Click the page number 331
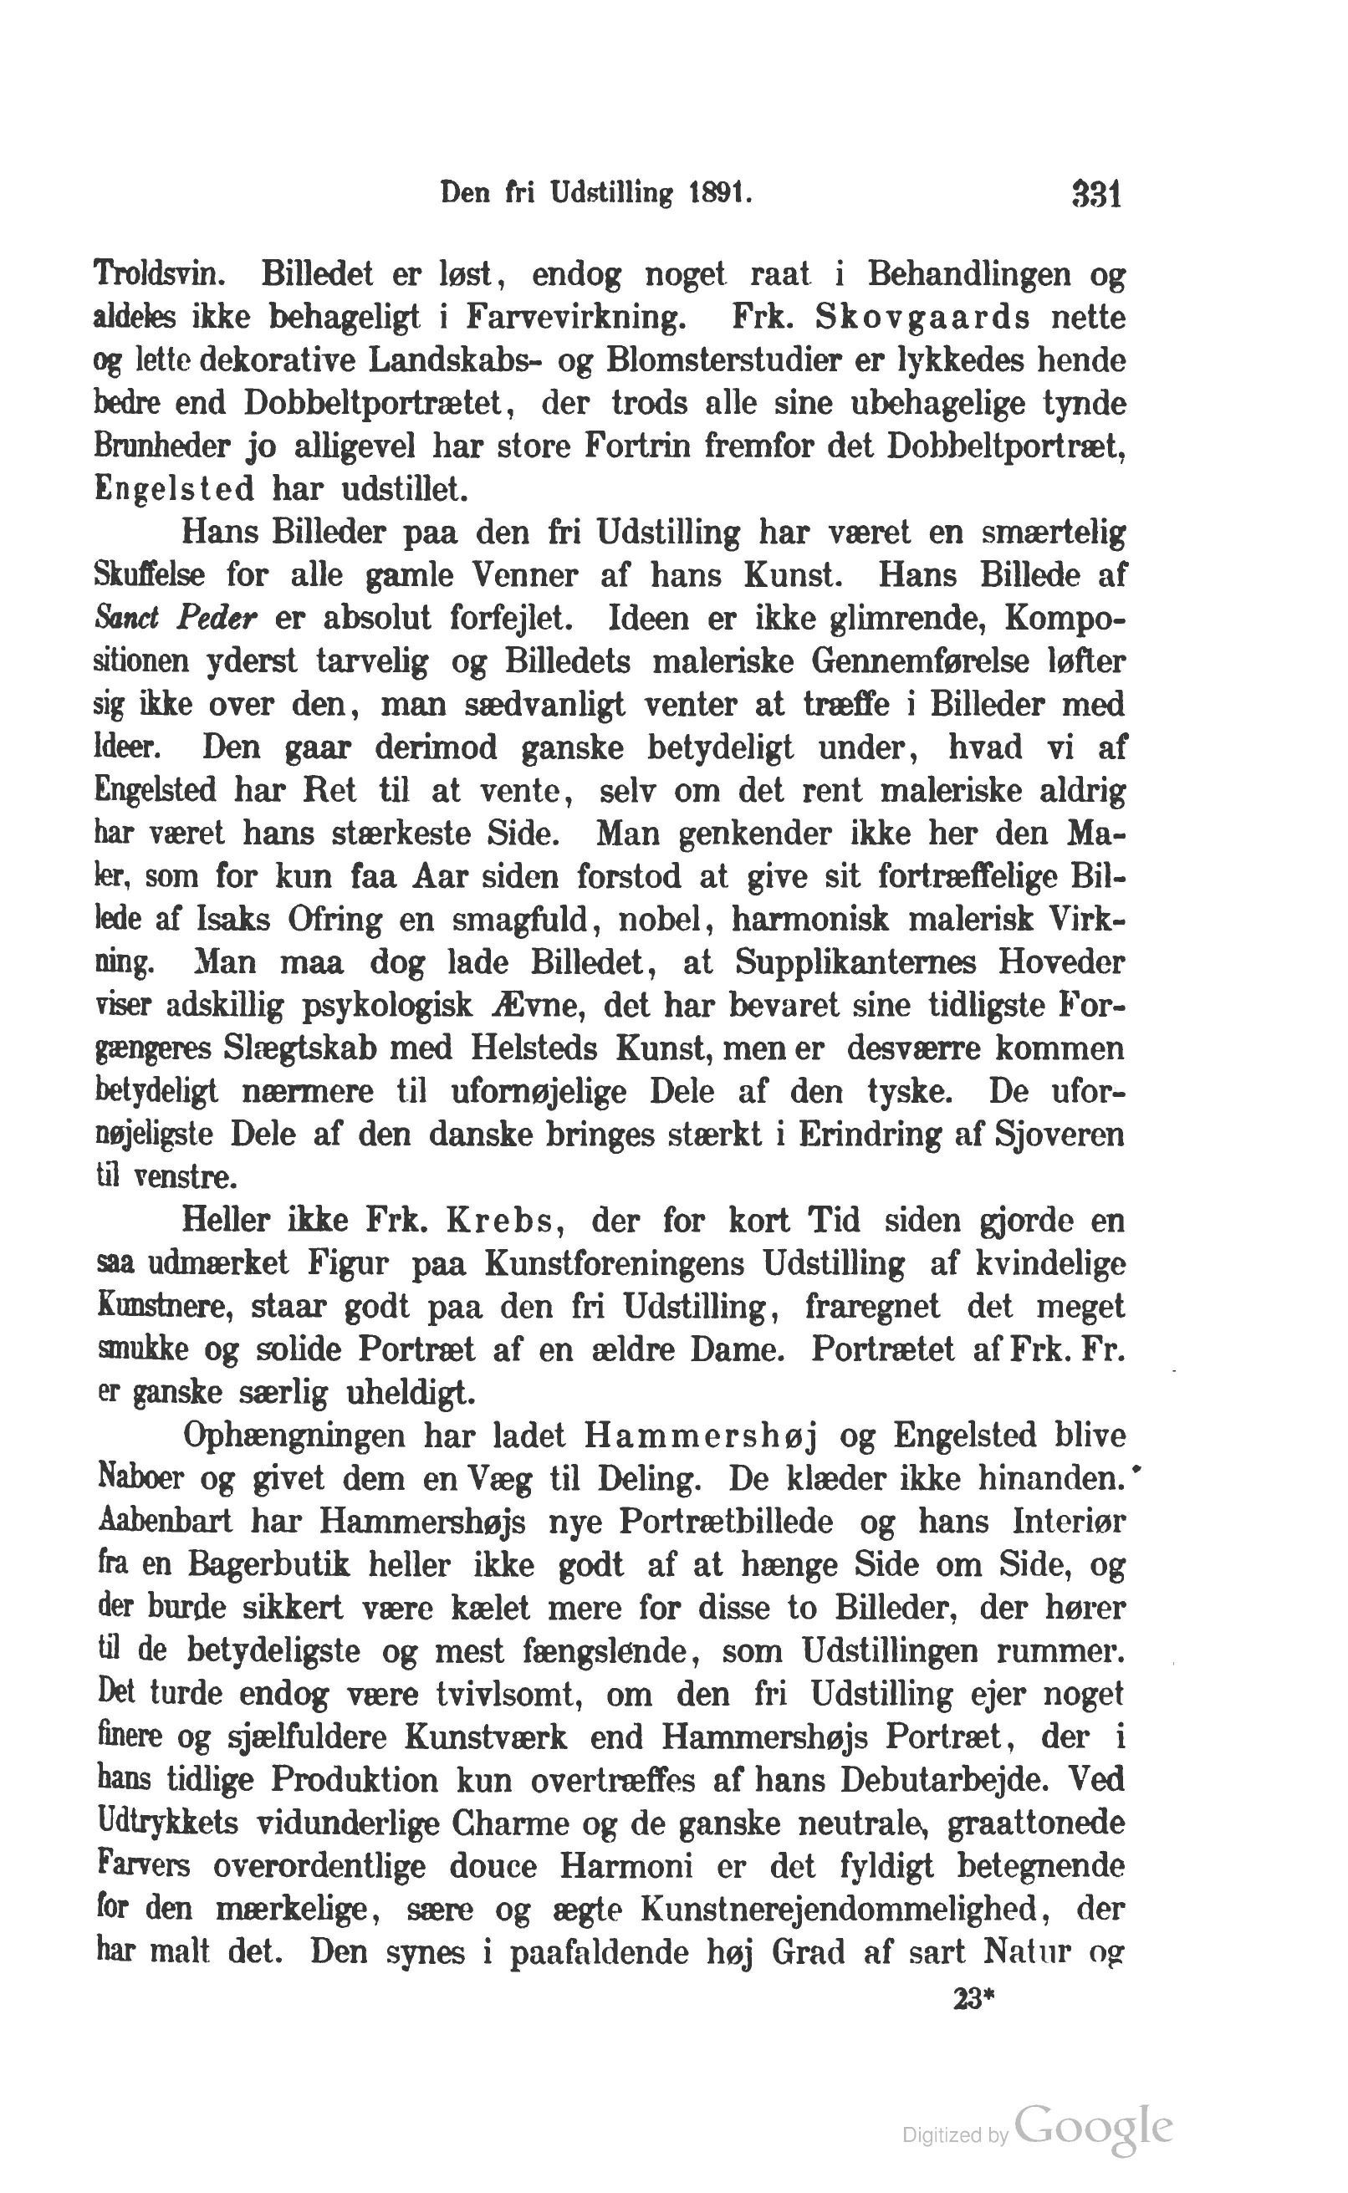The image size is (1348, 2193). (1096, 194)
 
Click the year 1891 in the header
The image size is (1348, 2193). (720, 194)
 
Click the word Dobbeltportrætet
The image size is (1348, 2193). (376, 404)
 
